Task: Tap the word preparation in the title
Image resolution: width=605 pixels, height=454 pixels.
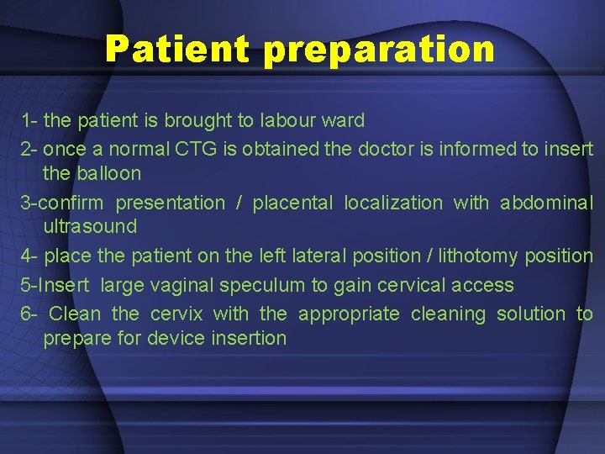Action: click(x=379, y=50)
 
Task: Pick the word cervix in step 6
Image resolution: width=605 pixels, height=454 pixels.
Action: click(x=176, y=314)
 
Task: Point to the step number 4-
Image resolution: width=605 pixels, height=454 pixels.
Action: click(x=29, y=256)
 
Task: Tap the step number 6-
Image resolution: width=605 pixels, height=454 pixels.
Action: click(x=29, y=314)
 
